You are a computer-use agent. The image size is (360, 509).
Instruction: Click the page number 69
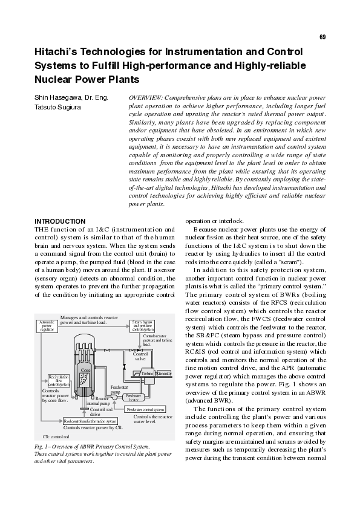tap(322, 37)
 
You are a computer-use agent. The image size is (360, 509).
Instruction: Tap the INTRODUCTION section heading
tap(60, 222)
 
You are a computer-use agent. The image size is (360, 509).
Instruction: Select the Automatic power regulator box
tap(47, 326)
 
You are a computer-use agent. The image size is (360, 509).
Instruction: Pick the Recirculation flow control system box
tap(59, 380)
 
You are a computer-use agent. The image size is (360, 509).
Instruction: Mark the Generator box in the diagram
tap(164, 374)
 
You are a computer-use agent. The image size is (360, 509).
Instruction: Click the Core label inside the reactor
tap(86, 368)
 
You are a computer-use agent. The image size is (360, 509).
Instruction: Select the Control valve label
tap(140, 356)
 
